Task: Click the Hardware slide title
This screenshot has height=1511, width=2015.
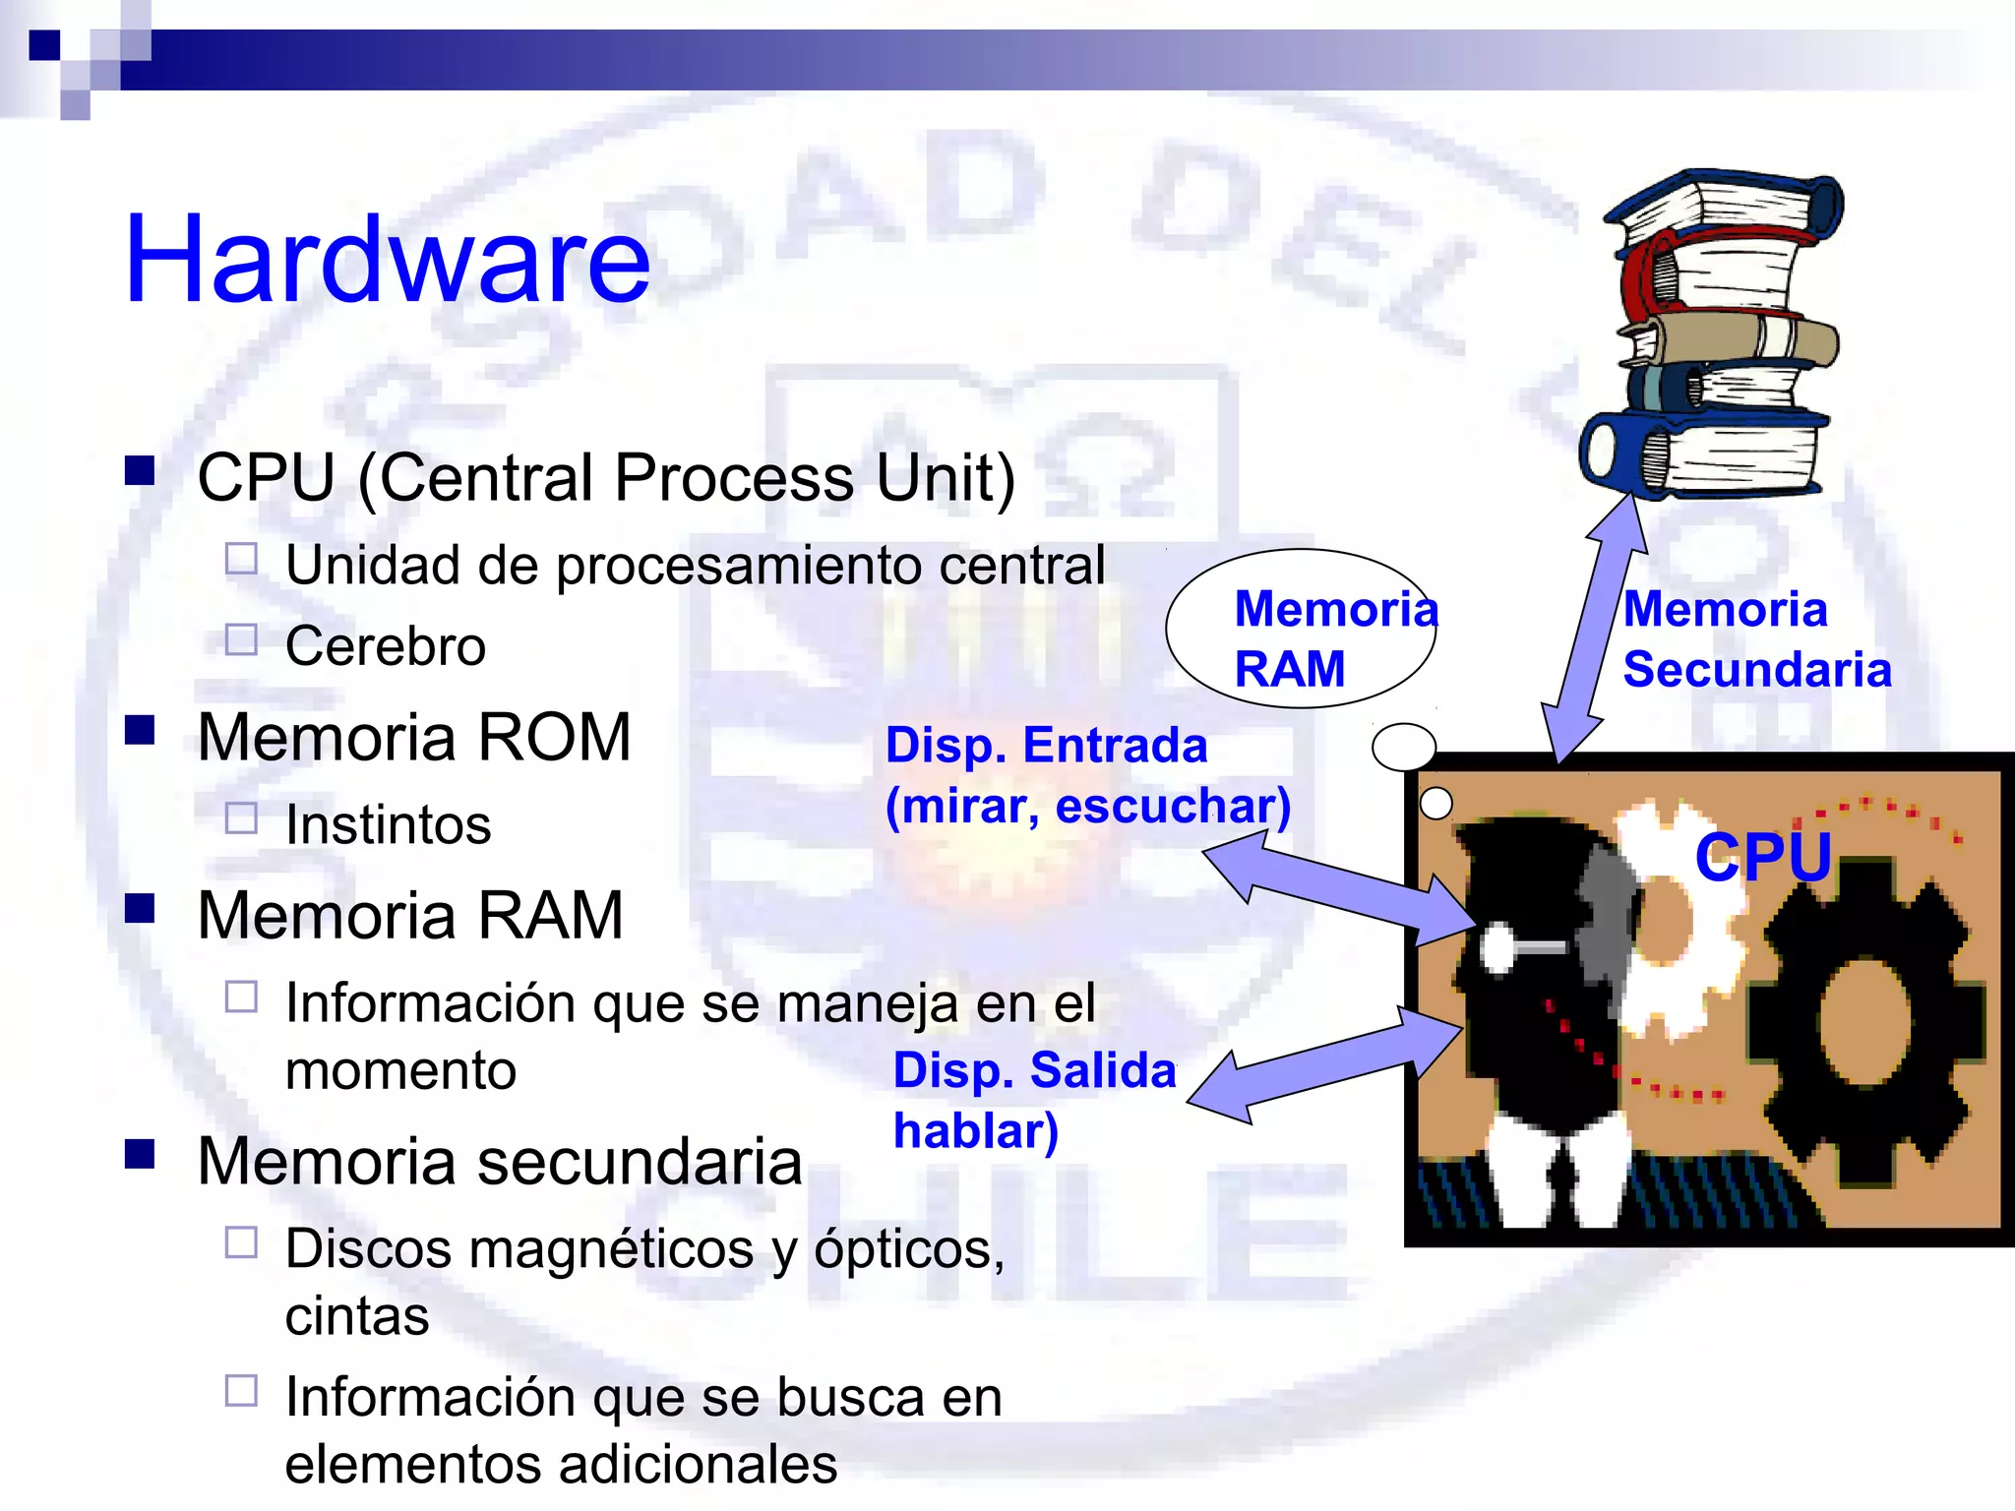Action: click(x=387, y=260)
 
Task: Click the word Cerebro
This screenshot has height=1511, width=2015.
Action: click(x=385, y=646)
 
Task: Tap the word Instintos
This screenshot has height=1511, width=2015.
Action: click(x=388, y=824)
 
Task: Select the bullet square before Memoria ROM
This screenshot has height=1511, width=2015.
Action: click(x=140, y=730)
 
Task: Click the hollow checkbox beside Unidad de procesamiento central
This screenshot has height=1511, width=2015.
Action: click(x=241, y=560)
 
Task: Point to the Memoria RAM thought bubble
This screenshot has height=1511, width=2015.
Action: click(x=1301, y=628)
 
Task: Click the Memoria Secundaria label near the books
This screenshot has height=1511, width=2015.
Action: click(x=1756, y=639)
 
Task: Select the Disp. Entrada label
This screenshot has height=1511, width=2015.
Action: click(x=1046, y=745)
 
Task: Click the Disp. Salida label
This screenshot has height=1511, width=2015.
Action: click(x=1034, y=1070)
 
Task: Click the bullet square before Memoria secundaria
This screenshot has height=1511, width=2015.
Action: click(x=140, y=1154)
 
